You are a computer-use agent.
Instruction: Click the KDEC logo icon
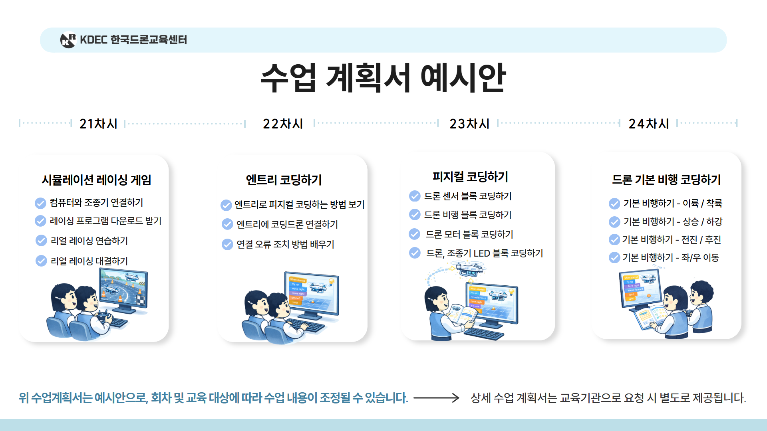[x=68, y=40]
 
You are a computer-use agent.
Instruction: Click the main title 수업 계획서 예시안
[x=383, y=77]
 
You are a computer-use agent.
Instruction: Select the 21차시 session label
[x=98, y=124]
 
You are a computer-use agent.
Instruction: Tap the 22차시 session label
[x=283, y=124]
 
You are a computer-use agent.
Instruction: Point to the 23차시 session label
[x=469, y=124]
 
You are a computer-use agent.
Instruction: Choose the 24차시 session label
[x=649, y=124]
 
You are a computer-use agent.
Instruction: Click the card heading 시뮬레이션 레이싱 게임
[x=97, y=180]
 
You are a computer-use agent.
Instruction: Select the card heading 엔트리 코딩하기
[x=284, y=180]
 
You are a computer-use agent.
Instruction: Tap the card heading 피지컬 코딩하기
[x=470, y=177]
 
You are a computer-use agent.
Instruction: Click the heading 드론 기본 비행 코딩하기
[x=666, y=180]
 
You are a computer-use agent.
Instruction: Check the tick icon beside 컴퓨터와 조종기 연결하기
[x=40, y=203]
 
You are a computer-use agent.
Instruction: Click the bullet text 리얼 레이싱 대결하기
[x=89, y=261]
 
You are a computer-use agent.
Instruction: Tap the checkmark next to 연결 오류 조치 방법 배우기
[x=227, y=244]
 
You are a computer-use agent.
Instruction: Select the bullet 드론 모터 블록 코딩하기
[x=469, y=234]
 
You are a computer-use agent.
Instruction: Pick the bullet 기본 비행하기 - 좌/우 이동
[x=670, y=257]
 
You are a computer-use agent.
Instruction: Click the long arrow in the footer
[x=436, y=397]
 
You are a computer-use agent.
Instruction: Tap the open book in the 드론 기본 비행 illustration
[x=649, y=317]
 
